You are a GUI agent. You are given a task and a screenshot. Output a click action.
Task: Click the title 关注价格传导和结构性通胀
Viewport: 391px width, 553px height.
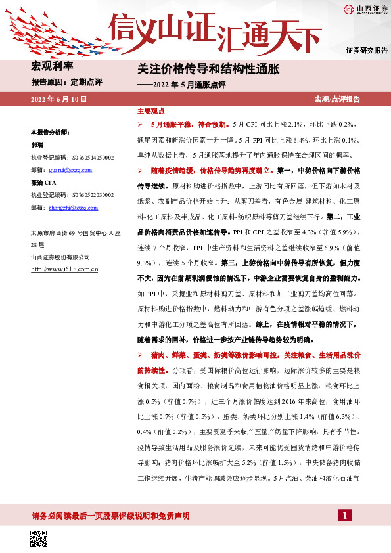(x=208, y=68)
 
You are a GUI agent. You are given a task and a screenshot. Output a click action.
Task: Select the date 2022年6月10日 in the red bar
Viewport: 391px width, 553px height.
(x=59, y=99)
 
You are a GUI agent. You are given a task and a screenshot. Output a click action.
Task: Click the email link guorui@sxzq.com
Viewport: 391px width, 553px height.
(x=73, y=170)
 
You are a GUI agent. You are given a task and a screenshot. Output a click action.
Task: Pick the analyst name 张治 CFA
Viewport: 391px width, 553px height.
(x=43, y=183)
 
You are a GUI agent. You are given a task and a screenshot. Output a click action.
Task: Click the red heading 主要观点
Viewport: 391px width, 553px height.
(x=149, y=112)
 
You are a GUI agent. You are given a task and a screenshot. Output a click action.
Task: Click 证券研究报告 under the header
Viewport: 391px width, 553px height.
(x=366, y=50)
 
